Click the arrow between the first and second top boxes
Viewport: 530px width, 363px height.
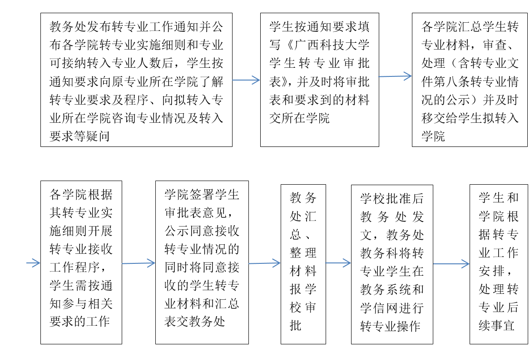click(246, 80)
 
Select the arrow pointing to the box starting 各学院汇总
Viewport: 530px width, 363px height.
click(395, 76)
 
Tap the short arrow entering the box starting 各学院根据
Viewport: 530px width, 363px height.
click(33, 263)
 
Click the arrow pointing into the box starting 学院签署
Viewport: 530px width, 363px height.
click(139, 263)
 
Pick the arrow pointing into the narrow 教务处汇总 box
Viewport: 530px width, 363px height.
click(265, 263)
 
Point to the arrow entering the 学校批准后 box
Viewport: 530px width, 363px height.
click(338, 263)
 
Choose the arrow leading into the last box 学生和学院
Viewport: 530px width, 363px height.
click(451, 263)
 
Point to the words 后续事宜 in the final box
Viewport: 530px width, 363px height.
click(499, 316)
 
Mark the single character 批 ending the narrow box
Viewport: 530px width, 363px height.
click(295, 325)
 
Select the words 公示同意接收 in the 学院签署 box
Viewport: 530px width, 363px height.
click(202, 231)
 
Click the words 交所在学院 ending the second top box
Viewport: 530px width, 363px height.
click(299, 118)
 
